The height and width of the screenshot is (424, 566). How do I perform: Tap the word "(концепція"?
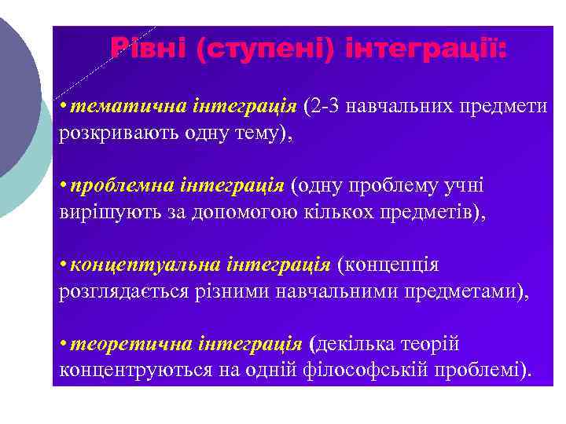point(388,265)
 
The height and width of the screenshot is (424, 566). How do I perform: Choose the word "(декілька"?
point(355,344)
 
